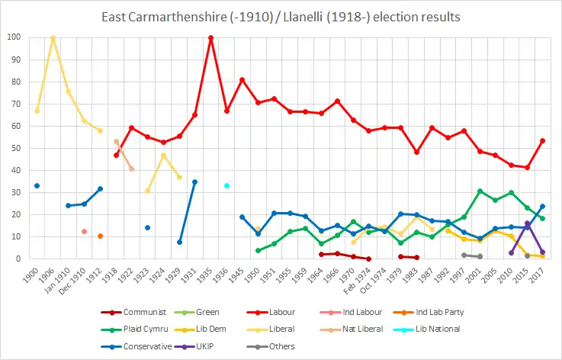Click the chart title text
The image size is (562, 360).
[281, 16]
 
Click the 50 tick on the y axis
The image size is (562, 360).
[16, 148]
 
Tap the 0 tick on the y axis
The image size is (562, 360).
[18, 259]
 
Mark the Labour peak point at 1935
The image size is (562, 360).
[210, 37]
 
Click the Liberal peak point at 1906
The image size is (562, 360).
[53, 37]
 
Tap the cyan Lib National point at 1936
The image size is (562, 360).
[226, 185]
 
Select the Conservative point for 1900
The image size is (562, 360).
[37, 185]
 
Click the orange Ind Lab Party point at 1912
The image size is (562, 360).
[100, 236]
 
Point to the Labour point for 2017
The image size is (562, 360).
[542, 140]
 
